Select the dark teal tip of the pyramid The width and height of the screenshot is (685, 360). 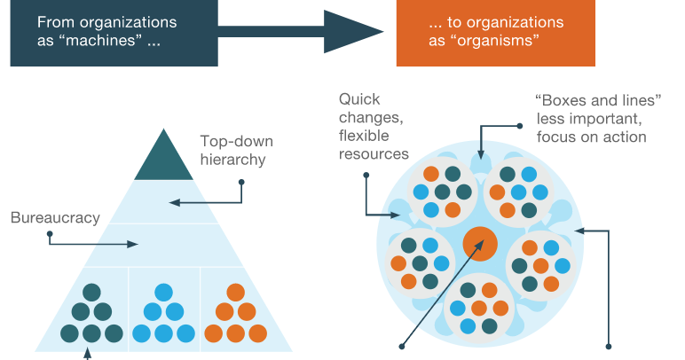163,157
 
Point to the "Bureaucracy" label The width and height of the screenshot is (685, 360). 55,216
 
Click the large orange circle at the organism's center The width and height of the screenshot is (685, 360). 479,243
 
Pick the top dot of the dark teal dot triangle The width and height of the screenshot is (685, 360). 91,292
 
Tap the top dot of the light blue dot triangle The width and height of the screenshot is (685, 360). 163,292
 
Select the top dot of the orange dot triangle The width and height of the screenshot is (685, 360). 235,292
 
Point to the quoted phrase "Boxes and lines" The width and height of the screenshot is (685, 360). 599,101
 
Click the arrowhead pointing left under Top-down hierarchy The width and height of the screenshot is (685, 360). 174,203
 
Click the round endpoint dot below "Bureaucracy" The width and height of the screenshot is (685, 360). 50,234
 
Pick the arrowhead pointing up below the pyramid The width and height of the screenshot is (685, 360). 88,354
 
